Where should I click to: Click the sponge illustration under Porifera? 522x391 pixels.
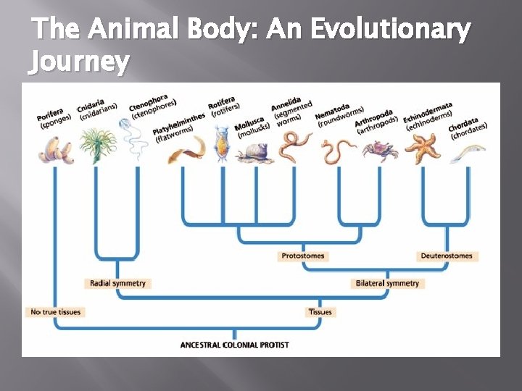coord(56,149)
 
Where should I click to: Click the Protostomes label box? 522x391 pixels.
coord(303,256)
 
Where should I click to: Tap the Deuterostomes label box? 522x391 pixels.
coord(447,256)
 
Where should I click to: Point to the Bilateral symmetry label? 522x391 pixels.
coord(387,283)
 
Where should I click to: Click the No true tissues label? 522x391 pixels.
coord(55,312)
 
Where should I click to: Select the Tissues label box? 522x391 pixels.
coord(320,312)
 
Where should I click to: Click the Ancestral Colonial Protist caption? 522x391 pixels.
coord(234,345)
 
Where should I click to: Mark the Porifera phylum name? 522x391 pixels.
coord(49,114)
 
